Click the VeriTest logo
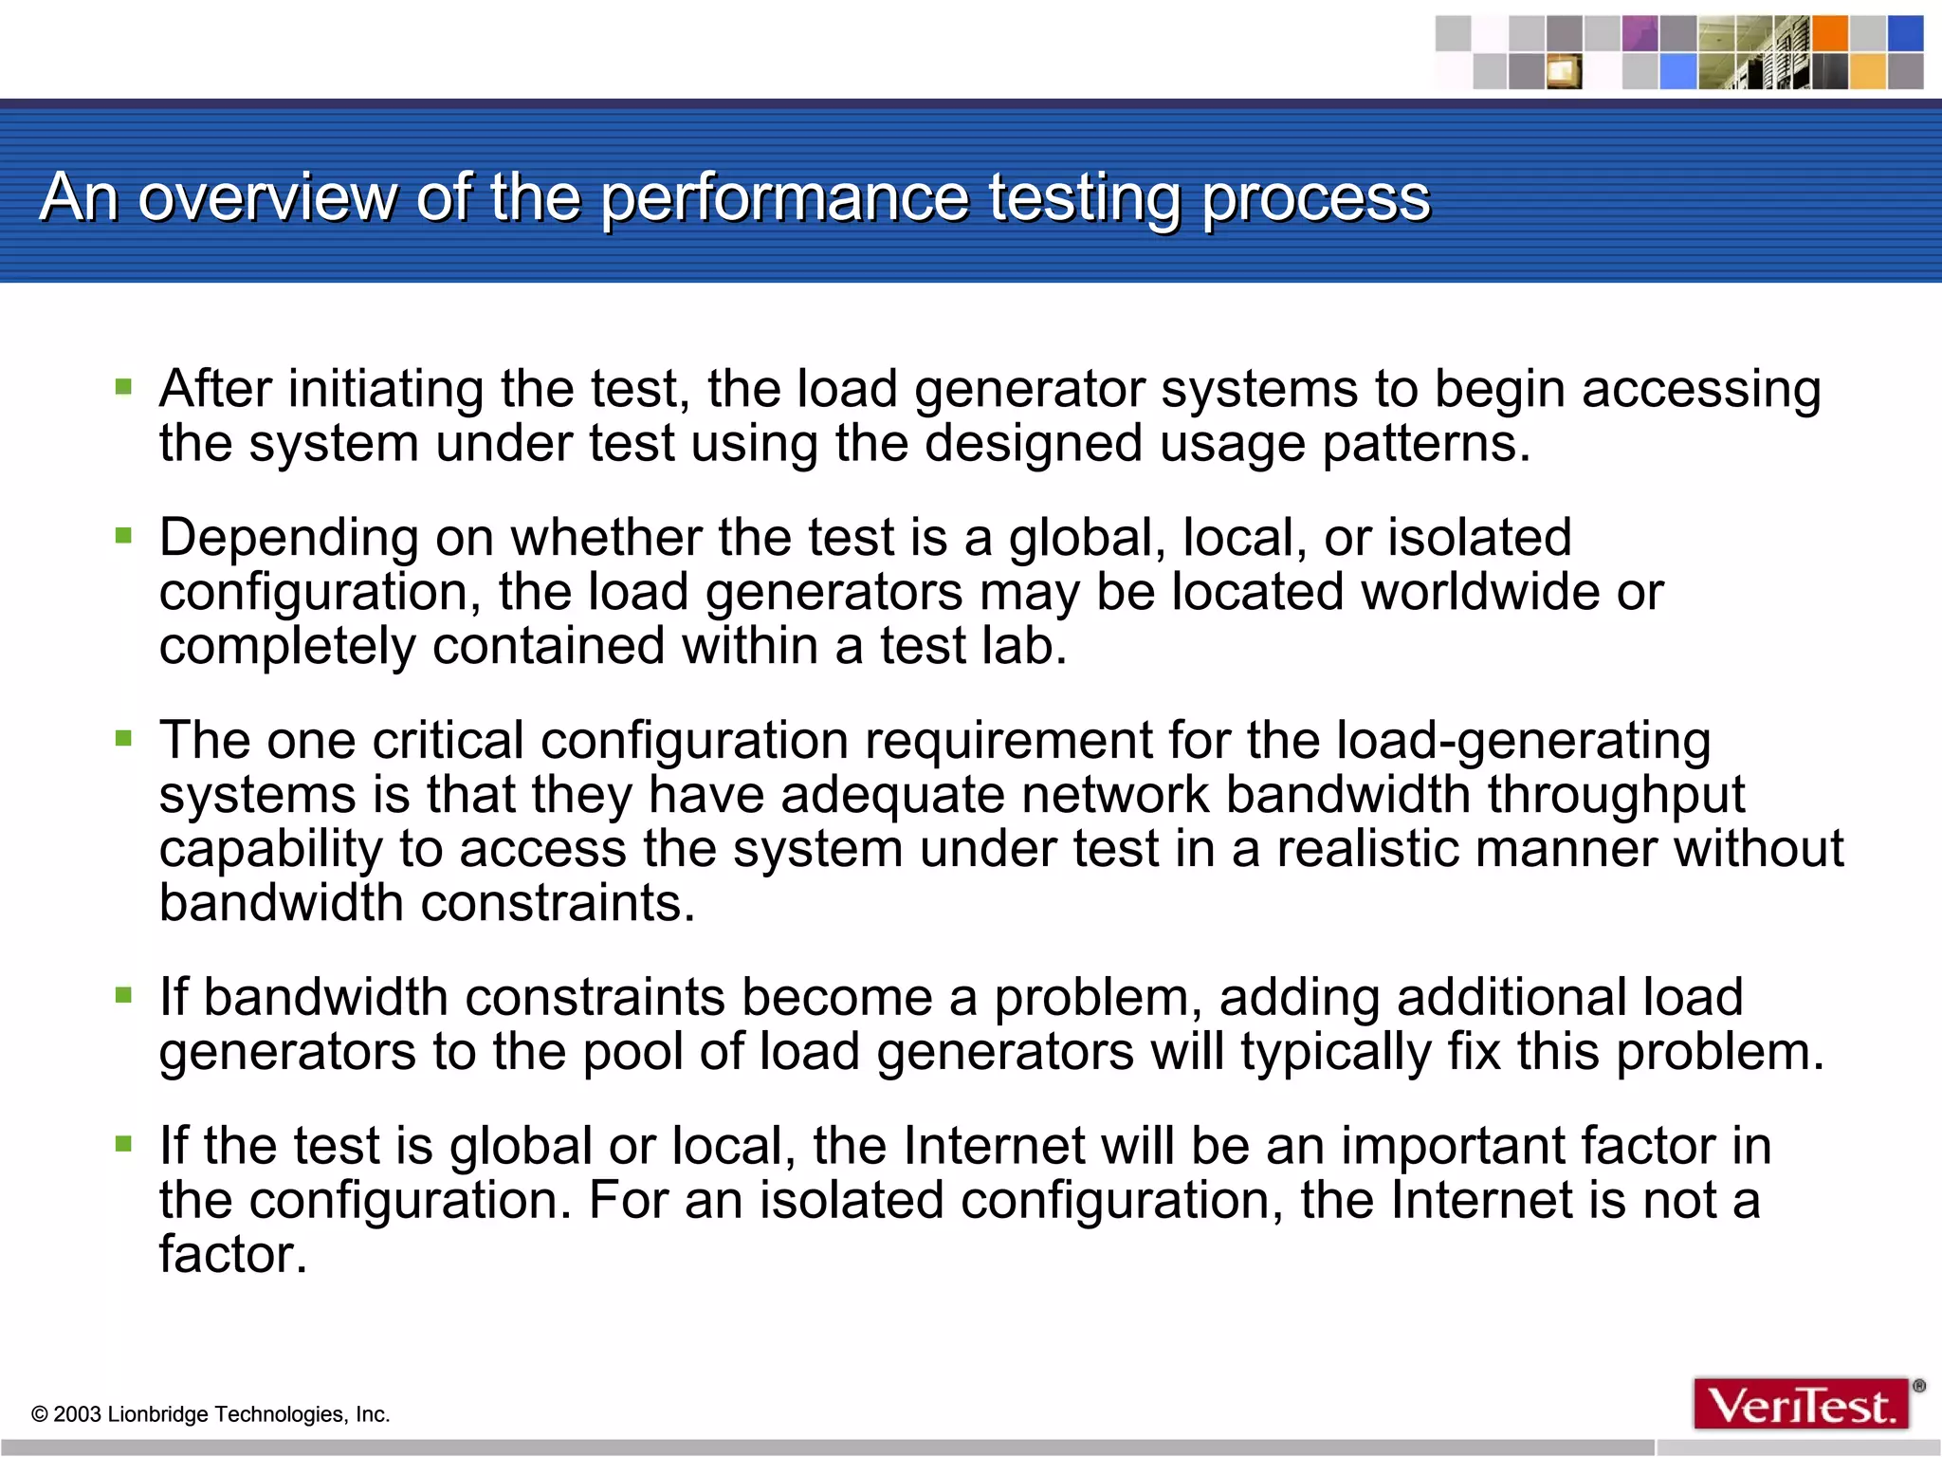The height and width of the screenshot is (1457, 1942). click(1801, 1405)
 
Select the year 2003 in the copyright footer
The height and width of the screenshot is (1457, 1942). click(77, 1414)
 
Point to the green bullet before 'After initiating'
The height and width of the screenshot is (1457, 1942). click(123, 386)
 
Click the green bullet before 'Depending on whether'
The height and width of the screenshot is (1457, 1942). click(123, 535)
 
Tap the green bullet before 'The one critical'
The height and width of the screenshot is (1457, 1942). click(123, 737)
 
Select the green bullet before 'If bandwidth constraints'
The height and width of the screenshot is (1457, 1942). click(123, 995)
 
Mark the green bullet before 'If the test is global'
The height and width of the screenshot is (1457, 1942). click(123, 1143)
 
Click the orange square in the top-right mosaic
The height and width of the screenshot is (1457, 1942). click(1829, 34)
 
